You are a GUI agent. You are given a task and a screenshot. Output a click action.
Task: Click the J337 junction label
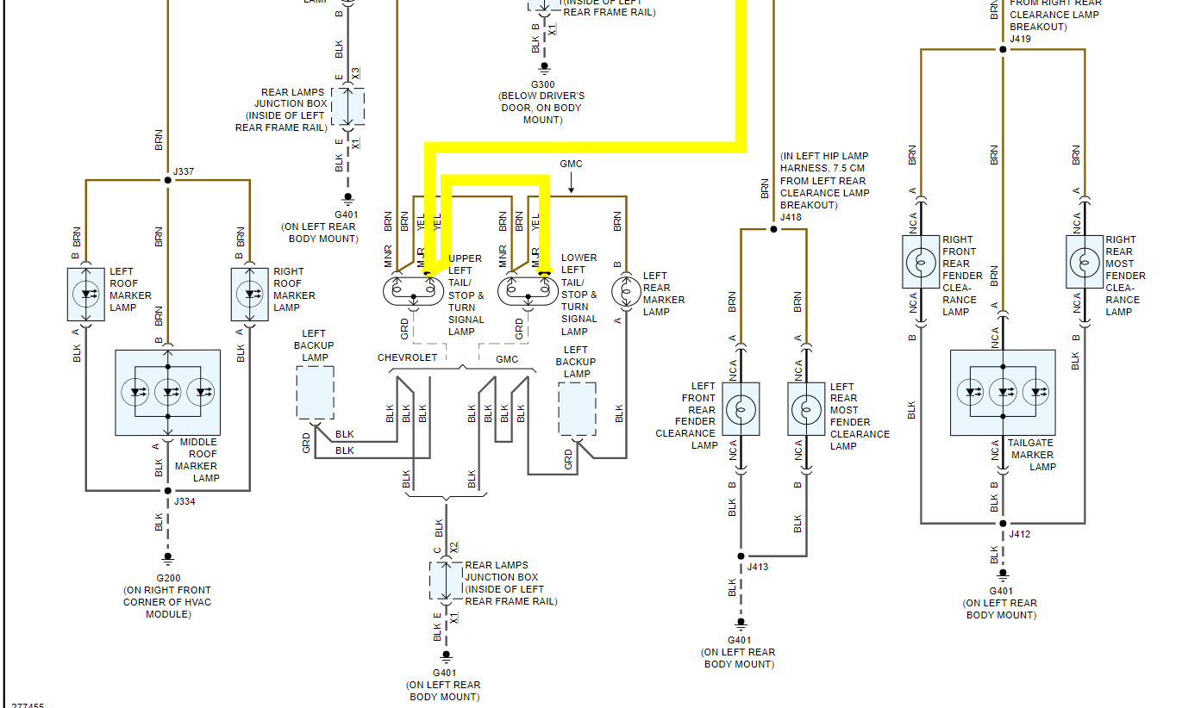click(184, 171)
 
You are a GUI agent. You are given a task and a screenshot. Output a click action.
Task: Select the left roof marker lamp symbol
click(86, 294)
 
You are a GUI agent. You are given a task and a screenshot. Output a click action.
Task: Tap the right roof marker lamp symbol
click(250, 294)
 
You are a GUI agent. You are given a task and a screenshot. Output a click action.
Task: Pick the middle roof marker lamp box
click(167, 392)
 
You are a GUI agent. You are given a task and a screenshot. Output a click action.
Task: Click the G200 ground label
click(167, 578)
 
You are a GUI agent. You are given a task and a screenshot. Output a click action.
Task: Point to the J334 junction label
click(184, 501)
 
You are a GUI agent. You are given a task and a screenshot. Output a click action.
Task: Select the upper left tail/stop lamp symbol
click(413, 291)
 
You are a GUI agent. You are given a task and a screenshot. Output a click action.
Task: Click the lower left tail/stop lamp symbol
click(527, 291)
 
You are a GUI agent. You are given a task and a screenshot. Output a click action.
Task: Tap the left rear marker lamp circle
click(625, 291)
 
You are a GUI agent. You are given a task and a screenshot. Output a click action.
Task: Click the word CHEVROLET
click(407, 357)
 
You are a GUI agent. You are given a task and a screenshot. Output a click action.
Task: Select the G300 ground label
click(543, 84)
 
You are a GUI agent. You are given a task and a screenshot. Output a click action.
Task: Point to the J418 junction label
click(791, 218)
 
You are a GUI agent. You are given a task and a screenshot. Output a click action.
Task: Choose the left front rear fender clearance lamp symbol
click(740, 408)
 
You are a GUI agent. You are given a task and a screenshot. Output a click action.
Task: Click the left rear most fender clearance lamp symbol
click(806, 408)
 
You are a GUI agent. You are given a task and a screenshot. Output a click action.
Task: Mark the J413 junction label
click(758, 567)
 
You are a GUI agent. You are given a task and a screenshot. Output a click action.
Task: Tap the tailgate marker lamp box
click(1003, 392)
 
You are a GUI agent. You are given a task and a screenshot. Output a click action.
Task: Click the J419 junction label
click(1021, 39)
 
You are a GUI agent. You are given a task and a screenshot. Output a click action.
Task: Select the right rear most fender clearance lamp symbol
click(1084, 261)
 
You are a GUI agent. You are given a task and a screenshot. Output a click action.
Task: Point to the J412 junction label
click(1020, 534)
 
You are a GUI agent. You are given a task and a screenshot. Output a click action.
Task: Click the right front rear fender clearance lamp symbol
click(920, 261)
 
